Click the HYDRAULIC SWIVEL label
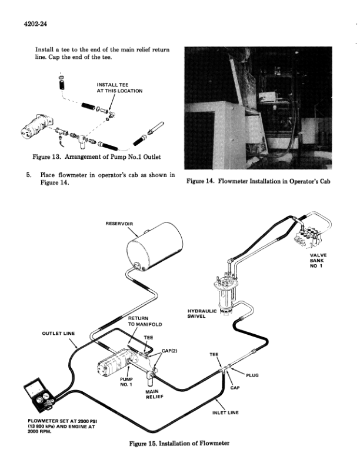pos(202,313)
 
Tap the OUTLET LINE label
pos(58,334)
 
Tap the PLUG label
pos(252,375)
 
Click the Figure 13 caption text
pos(97,157)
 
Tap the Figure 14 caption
pos(258,181)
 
